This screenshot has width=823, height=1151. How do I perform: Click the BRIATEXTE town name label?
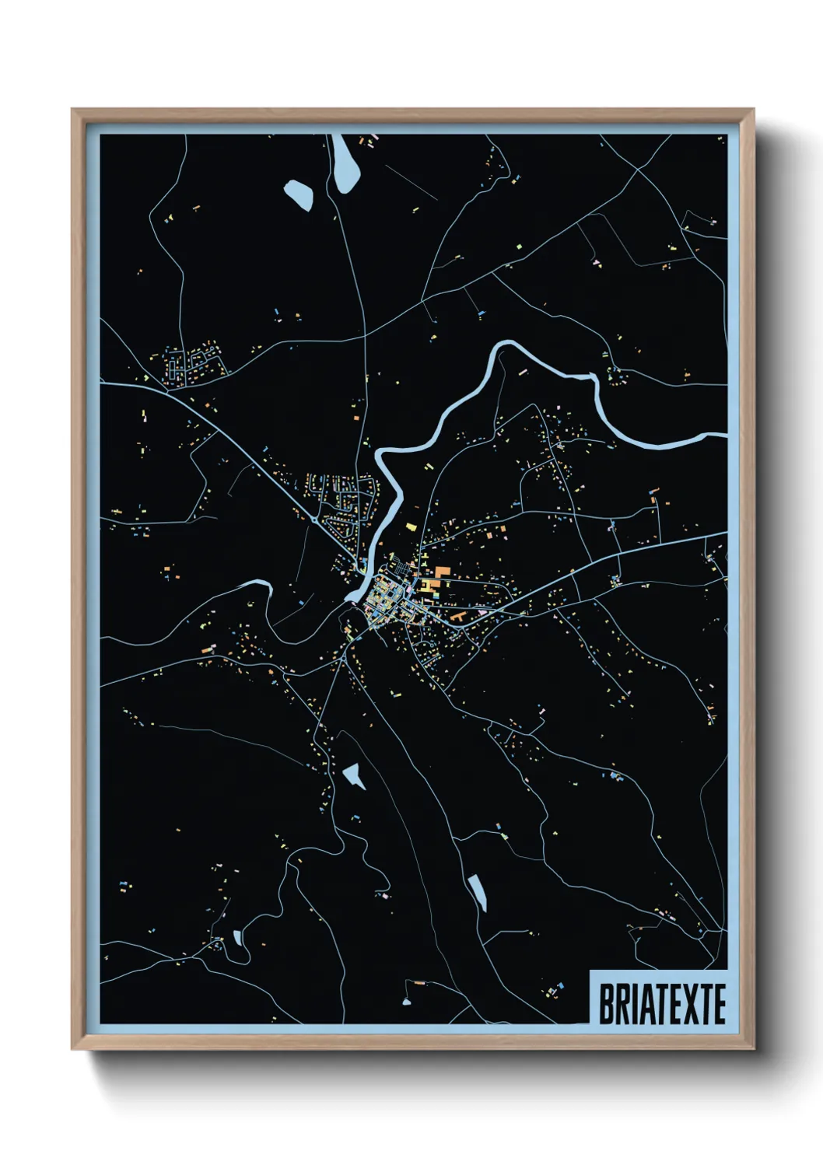661,1004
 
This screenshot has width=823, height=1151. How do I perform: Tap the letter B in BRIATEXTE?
605,1004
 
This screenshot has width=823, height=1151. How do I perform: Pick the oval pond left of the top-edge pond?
299,193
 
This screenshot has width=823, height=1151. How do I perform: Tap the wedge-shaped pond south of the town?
355,775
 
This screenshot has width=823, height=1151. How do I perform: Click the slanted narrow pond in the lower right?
478,892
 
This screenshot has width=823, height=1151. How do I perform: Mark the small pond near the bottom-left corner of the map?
236,937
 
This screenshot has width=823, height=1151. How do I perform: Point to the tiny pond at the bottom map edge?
406,1002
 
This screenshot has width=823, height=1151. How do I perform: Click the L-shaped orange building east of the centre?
459,617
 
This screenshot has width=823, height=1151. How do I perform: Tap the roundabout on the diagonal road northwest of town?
313,519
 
